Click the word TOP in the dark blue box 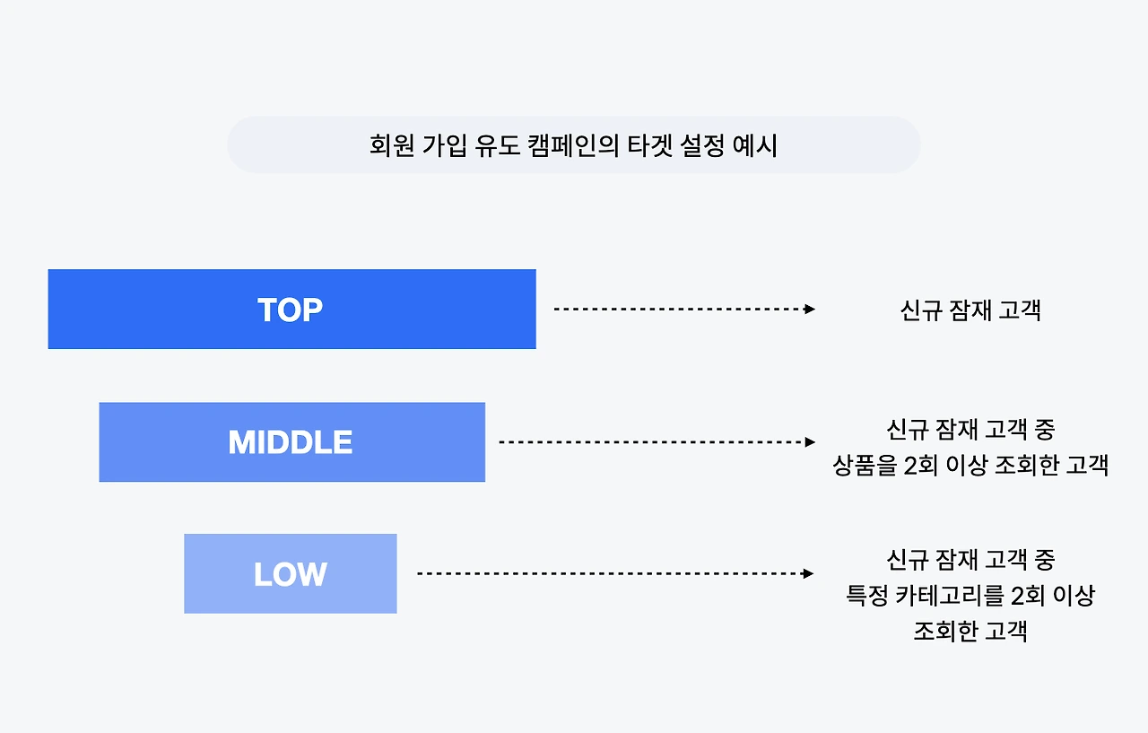(x=290, y=310)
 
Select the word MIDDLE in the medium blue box (x=291, y=442)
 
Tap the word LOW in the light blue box (x=290, y=574)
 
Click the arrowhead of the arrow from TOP (x=810, y=309)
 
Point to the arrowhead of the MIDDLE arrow (x=810, y=441)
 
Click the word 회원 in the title (x=389, y=145)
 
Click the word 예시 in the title (x=755, y=145)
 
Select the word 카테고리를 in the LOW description (x=953, y=596)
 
